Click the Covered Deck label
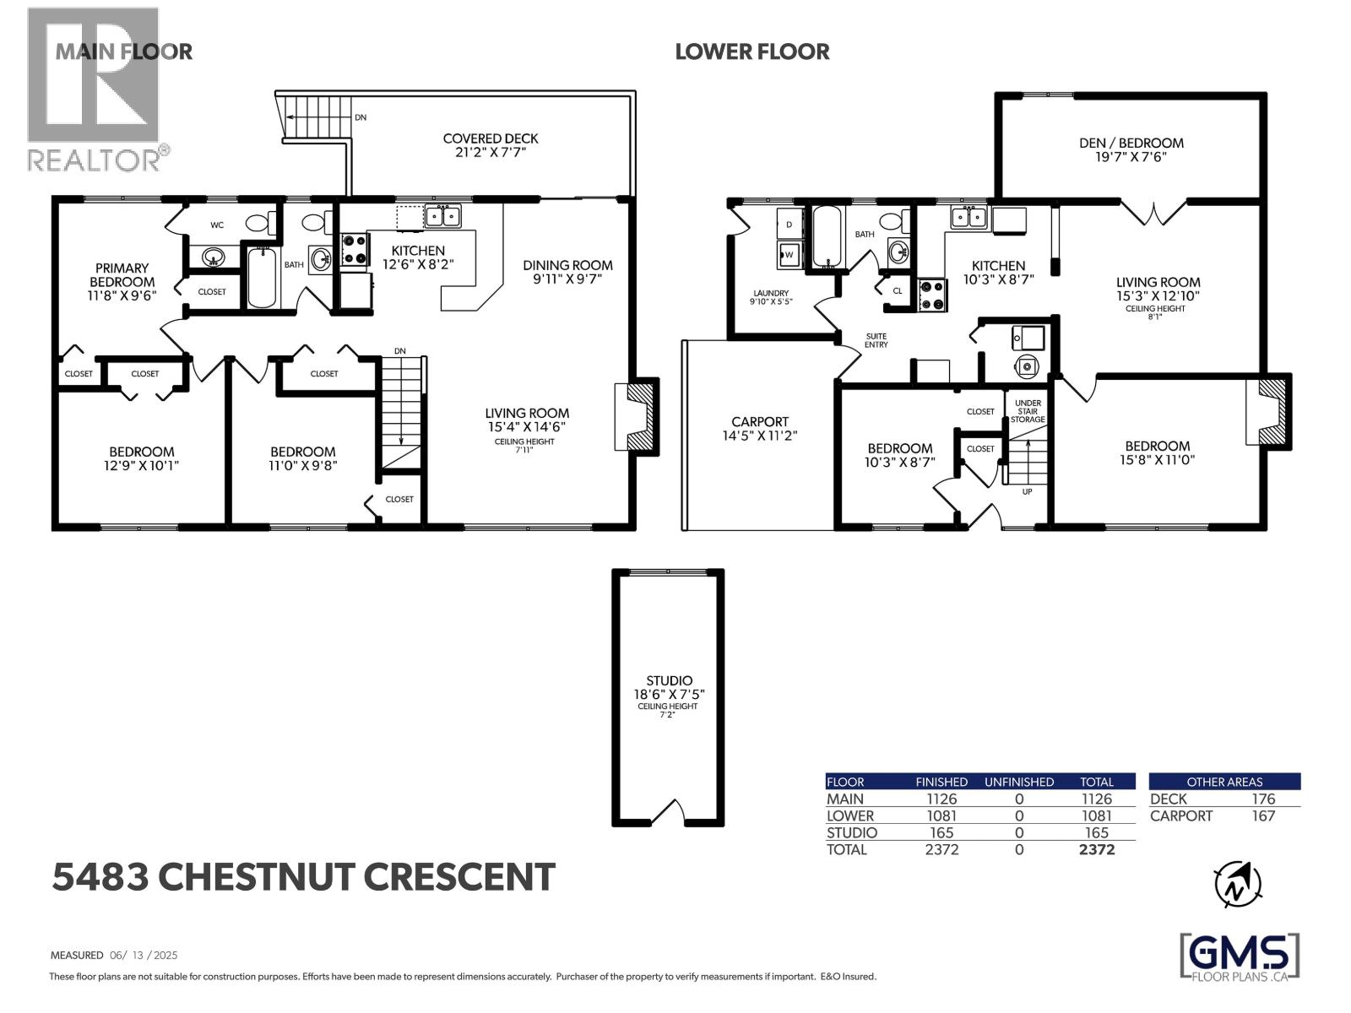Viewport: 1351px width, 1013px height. click(x=490, y=138)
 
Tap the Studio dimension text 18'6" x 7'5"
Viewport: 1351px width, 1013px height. click(x=669, y=694)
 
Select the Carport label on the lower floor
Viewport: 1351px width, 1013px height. click(x=760, y=421)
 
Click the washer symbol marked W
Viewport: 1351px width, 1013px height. click(x=789, y=253)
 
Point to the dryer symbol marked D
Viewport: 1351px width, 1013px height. click(x=789, y=225)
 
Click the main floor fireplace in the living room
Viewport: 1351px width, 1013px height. click(x=638, y=418)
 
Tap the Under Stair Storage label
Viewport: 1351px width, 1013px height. click(x=1028, y=411)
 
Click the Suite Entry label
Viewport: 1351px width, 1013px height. click(x=876, y=340)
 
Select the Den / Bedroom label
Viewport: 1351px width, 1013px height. click(x=1131, y=143)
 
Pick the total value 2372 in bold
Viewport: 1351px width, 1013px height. click(x=1097, y=849)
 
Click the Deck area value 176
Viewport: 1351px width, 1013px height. click(x=1263, y=799)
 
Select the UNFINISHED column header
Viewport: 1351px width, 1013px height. click(x=1018, y=782)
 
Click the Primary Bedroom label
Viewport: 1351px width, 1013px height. click(x=122, y=274)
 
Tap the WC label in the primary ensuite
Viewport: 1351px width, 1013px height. click(x=217, y=225)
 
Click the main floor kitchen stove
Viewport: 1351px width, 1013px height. click(x=355, y=251)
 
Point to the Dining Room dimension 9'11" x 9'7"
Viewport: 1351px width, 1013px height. click(x=567, y=279)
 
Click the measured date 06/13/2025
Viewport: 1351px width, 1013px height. click(x=144, y=956)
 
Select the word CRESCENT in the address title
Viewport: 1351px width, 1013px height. click(x=459, y=877)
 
